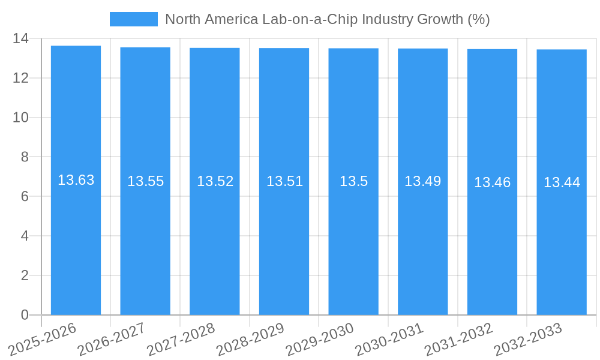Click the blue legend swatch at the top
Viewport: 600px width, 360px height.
pos(133,19)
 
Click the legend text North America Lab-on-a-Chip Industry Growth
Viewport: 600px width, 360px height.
pos(327,19)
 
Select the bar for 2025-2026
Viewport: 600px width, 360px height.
pos(76,240)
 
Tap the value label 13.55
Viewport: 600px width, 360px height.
pos(145,181)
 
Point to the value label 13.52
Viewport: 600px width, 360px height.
pos(215,181)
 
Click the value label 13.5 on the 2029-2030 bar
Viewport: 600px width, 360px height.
pos(353,181)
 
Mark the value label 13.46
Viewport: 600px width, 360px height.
pos(492,182)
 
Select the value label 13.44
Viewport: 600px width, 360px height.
pos(562,182)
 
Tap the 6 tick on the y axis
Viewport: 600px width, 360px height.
pos(25,196)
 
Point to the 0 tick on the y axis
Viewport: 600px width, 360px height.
pos(25,315)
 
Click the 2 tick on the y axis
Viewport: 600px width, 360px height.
pos(25,275)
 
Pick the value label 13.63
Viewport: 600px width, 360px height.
pos(76,180)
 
